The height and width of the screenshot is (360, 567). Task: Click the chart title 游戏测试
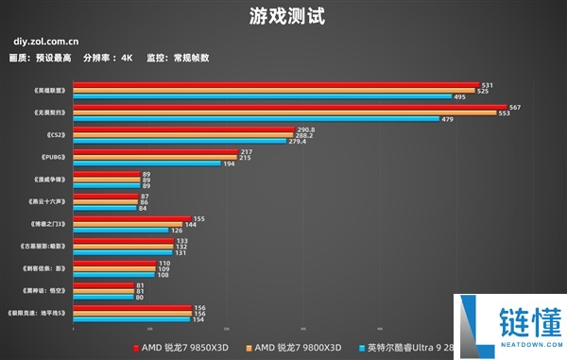pyautogui.click(x=283, y=16)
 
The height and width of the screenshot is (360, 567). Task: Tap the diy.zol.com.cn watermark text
pyautogui.click(x=45, y=43)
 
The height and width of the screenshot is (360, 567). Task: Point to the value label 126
pyautogui.click(x=176, y=230)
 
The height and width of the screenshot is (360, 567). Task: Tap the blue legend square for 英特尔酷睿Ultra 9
pyautogui.click(x=361, y=348)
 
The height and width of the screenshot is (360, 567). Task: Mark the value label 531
pyautogui.click(x=487, y=85)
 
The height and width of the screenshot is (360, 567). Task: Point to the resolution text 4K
pyautogui.click(x=127, y=58)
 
